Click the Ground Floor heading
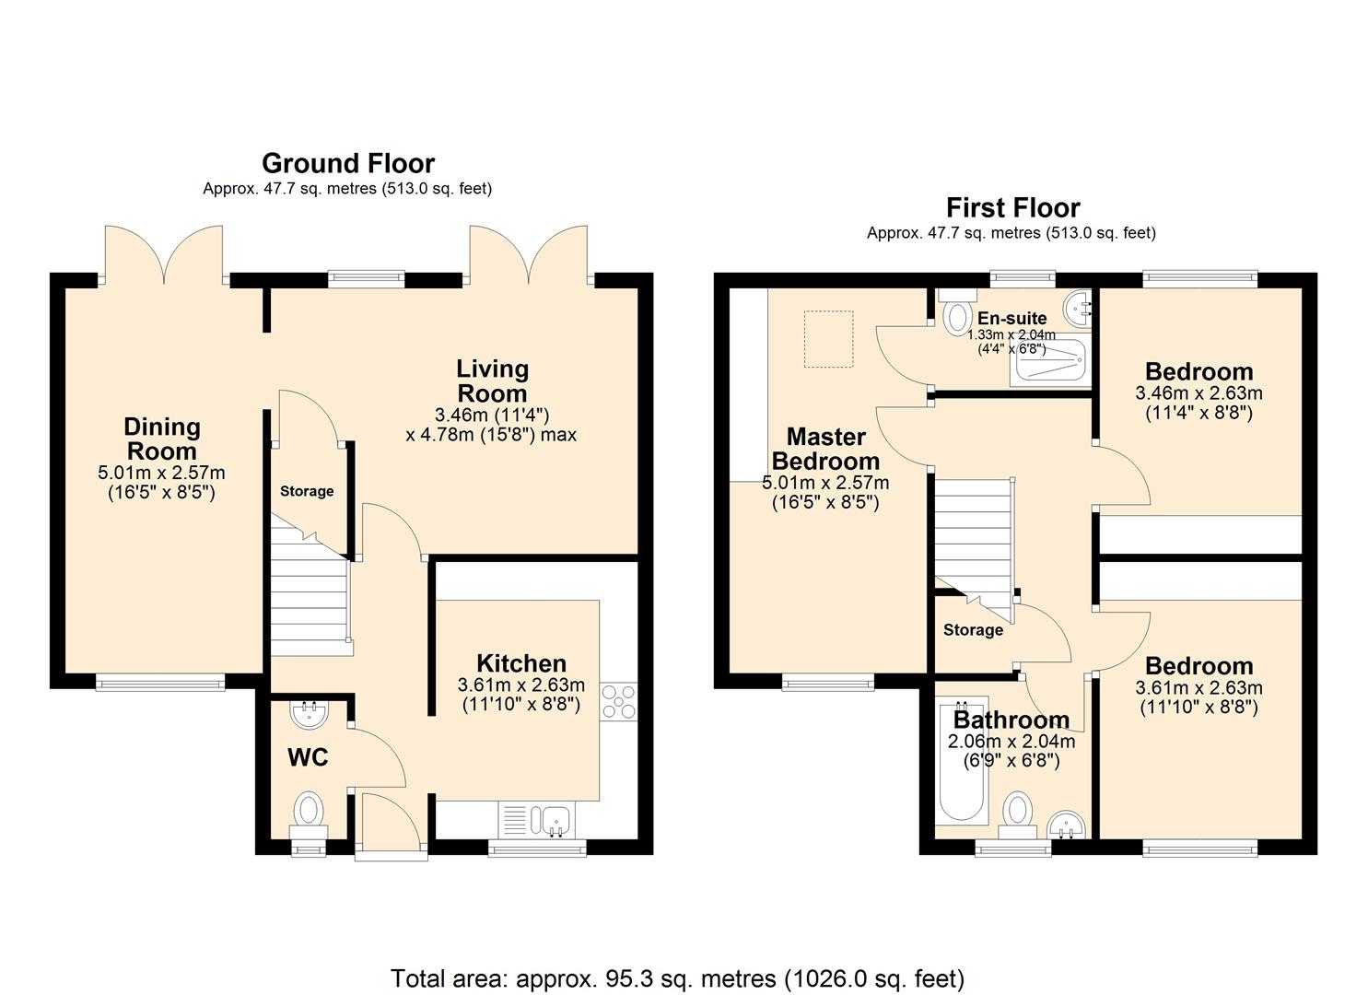click(x=348, y=163)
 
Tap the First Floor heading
click(x=1012, y=207)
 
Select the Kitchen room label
click(x=520, y=663)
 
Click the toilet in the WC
click(x=308, y=814)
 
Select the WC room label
click(x=308, y=757)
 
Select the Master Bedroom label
click(x=825, y=449)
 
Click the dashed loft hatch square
click(x=828, y=339)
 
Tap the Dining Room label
click(x=162, y=439)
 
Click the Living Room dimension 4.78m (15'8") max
click(x=491, y=434)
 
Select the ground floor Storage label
click(x=307, y=491)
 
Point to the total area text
click(x=677, y=977)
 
